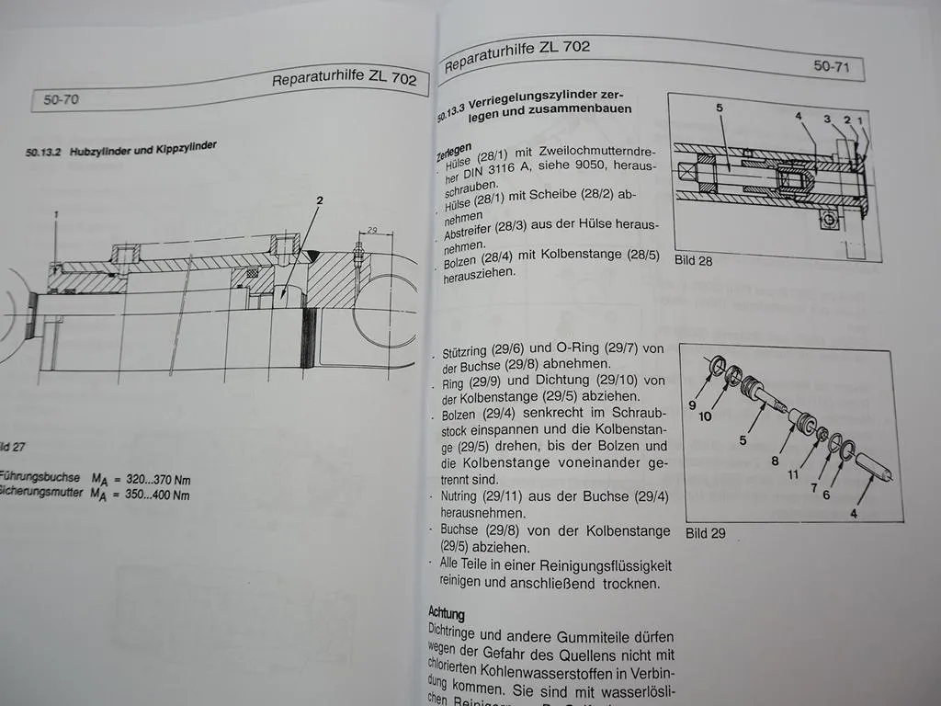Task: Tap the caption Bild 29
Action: pyautogui.click(x=706, y=532)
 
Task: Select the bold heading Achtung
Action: pyautogui.click(x=447, y=612)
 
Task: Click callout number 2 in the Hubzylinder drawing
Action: pyautogui.click(x=320, y=199)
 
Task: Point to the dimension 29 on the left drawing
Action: pyautogui.click(x=371, y=230)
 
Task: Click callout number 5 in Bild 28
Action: pyautogui.click(x=720, y=108)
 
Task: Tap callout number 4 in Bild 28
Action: pyautogui.click(x=799, y=117)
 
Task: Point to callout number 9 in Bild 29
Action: pyautogui.click(x=692, y=404)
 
